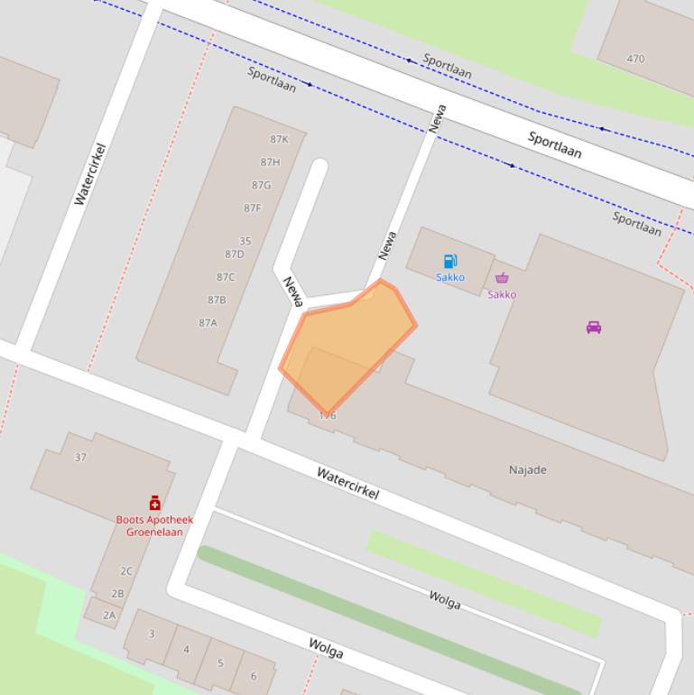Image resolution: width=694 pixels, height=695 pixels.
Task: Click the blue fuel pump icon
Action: point(449,262)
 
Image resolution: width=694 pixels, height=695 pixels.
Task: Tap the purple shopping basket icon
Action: point(502,278)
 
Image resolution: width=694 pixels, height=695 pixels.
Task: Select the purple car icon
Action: point(594,327)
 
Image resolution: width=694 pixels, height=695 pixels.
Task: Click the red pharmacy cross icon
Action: point(154,503)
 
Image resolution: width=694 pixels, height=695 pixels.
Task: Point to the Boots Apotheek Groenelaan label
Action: point(154,525)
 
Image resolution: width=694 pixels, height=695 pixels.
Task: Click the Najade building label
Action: point(528,469)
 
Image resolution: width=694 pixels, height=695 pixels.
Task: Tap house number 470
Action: point(635,59)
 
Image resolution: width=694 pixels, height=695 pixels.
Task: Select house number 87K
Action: point(279,139)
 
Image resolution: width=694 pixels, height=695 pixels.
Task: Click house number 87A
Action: point(208,322)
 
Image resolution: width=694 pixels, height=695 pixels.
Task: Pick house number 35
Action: point(245,241)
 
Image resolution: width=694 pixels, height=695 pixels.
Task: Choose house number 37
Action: point(80,458)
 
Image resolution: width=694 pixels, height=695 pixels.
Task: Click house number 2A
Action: point(109,615)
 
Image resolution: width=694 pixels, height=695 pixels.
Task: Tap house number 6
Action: point(254,676)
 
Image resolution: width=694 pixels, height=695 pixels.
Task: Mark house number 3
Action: point(151,634)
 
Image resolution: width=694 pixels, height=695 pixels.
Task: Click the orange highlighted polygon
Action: point(347,343)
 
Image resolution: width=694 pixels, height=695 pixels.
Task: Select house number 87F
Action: point(253,208)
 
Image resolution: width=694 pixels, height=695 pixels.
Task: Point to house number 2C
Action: point(126,570)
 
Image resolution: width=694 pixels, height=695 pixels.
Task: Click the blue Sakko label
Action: point(450,277)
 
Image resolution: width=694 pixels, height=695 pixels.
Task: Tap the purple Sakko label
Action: point(502,294)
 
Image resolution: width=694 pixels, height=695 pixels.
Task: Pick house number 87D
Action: point(235,255)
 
